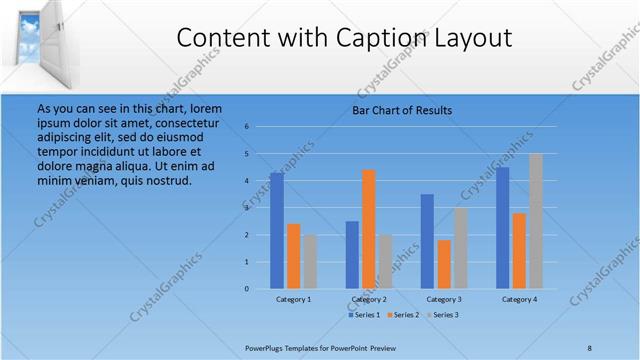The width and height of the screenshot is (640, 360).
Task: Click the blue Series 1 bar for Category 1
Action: [277, 231]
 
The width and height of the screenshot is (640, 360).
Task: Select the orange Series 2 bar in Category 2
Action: [369, 229]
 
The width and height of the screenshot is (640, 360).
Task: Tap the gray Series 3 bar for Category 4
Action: [536, 221]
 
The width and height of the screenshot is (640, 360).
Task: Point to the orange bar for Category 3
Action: [444, 264]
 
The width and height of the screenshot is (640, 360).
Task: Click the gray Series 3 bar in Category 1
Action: [310, 262]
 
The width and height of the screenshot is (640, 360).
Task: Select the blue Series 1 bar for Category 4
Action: [503, 228]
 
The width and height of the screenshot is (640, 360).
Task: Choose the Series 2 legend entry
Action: [403, 315]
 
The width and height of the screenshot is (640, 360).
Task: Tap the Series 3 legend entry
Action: [443, 315]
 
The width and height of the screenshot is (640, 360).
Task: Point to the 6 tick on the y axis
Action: [247, 127]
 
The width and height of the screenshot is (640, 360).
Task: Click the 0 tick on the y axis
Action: [247, 289]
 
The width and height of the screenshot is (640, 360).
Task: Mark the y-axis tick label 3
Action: [247, 208]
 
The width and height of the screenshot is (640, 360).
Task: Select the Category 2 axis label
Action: [369, 299]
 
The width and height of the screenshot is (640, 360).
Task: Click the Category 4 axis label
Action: [519, 299]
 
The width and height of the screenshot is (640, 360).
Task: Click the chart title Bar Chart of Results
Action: [402, 110]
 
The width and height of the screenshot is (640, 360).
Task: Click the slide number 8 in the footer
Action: [590, 347]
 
